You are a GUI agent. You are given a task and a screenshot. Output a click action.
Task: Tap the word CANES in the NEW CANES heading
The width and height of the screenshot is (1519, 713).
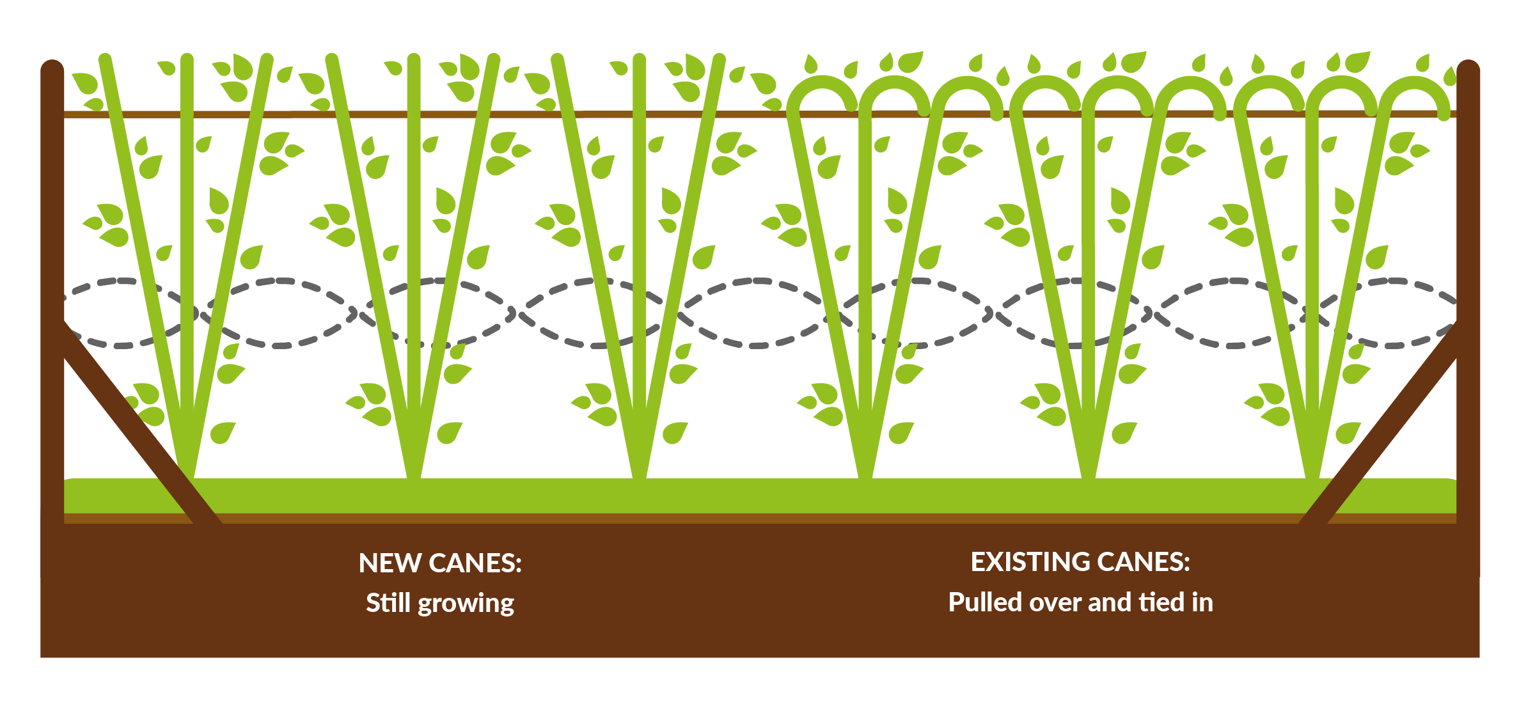475,563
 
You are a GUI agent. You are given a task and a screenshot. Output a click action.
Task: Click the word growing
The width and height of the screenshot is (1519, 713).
466,604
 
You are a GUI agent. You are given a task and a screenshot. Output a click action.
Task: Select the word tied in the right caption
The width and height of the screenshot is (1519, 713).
1162,602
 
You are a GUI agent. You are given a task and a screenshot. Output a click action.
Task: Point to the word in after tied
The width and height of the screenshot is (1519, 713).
1202,602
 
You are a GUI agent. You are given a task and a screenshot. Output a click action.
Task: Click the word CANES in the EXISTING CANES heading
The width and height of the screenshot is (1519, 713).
1144,562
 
